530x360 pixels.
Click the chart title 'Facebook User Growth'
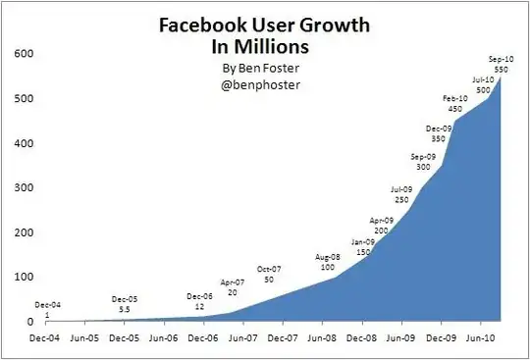pos(265,27)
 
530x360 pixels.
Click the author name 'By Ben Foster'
pos(263,71)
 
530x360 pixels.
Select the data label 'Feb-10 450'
pos(454,104)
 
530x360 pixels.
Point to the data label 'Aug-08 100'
pos(328,262)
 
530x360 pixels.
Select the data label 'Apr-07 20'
pos(232,286)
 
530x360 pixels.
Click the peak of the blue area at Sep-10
pos(502,77)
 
